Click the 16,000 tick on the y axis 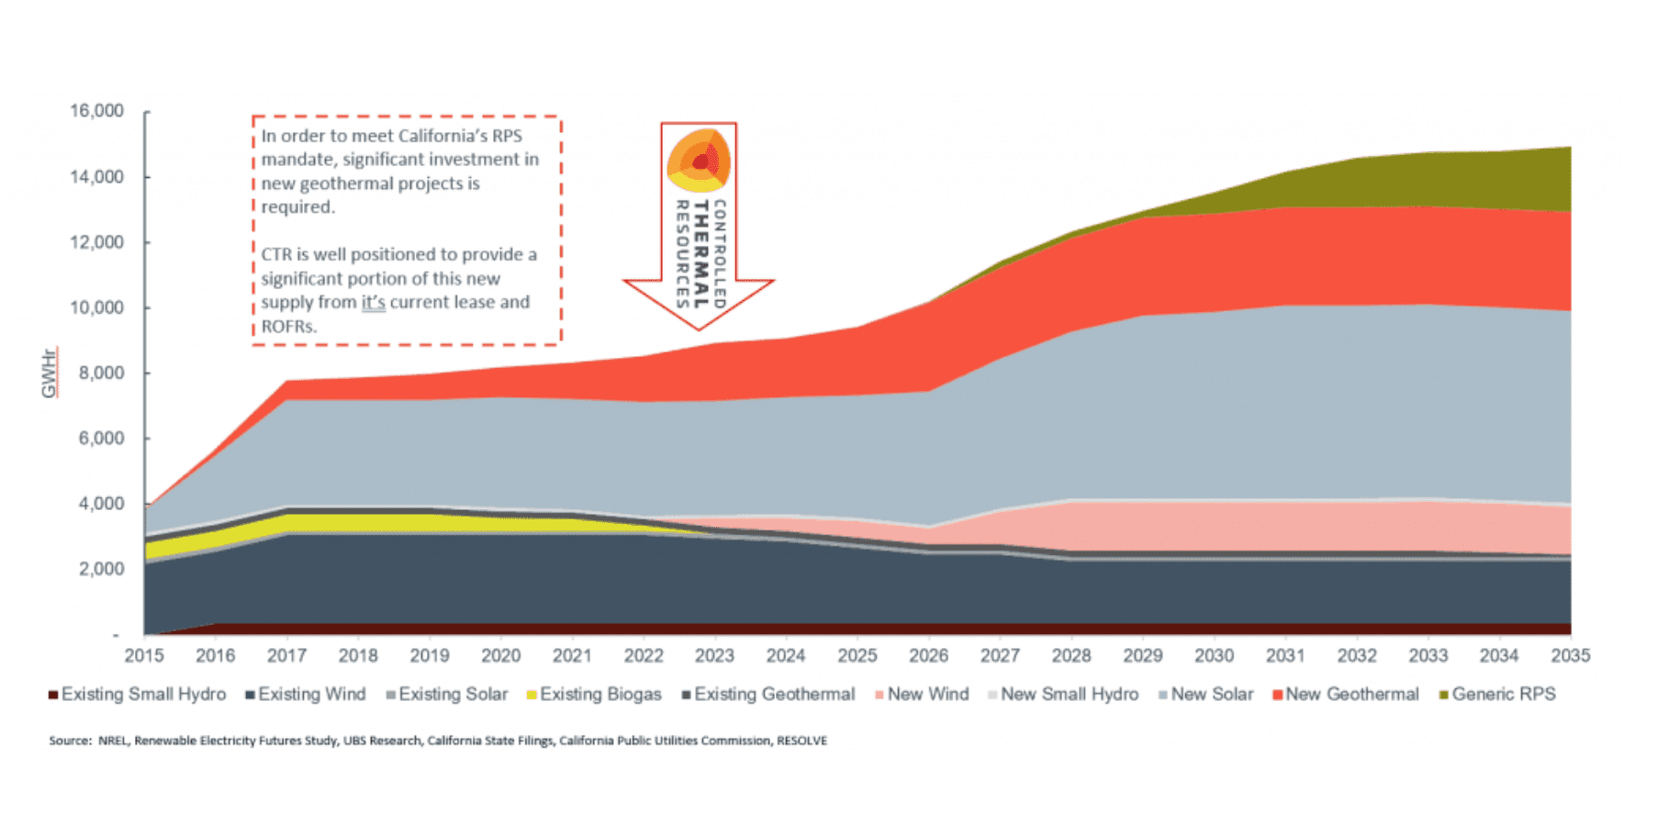pyautogui.click(x=96, y=111)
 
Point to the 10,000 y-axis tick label pyautogui.click(x=96, y=307)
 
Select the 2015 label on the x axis pyautogui.click(x=144, y=656)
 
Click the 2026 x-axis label pyautogui.click(x=928, y=656)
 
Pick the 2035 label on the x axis pyautogui.click(x=1570, y=656)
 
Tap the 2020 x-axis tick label pyautogui.click(x=500, y=656)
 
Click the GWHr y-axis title pyautogui.click(x=50, y=373)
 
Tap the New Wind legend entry pyautogui.click(x=928, y=695)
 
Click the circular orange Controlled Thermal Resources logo pyautogui.click(x=699, y=160)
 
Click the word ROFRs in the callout pyautogui.click(x=288, y=327)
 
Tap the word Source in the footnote pyautogui.click(x=70, y=741)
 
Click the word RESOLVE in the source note pyautogui.click(x=801, y=741)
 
